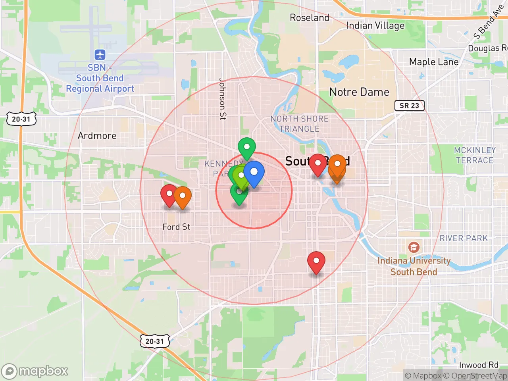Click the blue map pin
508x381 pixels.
click(254, 173)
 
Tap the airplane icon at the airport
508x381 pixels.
click(100, 54)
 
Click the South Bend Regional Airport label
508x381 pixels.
click(100, 78)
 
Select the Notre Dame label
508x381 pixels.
click(359, 92)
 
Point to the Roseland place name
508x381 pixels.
click(310, 18)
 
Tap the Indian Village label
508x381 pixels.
click(375, 26)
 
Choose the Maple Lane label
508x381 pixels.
click(434, 62)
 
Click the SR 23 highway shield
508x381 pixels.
click(409, 106)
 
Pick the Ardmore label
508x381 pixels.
click(97, 136)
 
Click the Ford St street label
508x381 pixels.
click(176, 227)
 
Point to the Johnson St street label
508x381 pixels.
click(223, 98)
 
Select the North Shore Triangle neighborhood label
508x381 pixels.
click(300, 124)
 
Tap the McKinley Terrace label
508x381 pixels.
click(475, 155)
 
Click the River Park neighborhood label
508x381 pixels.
click(464, 238)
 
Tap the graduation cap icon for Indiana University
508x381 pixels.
click(414, 248)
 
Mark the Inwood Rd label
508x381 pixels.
click(479, 365)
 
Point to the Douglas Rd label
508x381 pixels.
click(487, 48)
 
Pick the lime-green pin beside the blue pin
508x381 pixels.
click(241, 176)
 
